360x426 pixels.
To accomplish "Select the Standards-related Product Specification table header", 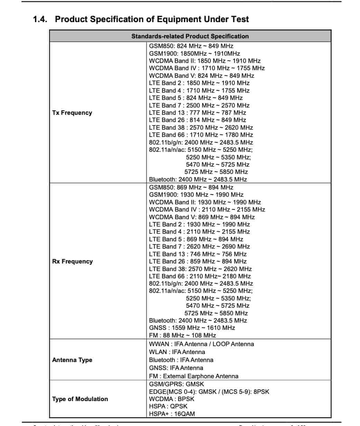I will [190, 36].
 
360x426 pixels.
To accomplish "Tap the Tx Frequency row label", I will [72, 113].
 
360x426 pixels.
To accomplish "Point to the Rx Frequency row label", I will [72, 261].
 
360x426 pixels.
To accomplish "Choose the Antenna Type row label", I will [72, 360].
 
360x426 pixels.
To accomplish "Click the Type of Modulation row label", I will [80, 399].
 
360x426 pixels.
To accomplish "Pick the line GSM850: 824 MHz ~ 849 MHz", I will [191, 46].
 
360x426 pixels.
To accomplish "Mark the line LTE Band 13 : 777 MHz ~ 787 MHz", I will [198, 113].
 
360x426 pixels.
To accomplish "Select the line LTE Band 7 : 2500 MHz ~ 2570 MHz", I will [199, 105].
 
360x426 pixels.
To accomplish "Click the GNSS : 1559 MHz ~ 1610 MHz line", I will [192, 328].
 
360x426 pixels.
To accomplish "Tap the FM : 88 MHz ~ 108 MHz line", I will [182, 335].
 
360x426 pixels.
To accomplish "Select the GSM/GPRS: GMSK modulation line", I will [177, 384].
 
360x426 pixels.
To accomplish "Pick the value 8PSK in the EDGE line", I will [261, 392].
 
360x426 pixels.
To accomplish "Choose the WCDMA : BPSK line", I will [172, 399].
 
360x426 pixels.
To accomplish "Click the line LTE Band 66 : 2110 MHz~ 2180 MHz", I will [200, 276].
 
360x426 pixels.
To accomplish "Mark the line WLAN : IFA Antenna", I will [177, 352].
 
